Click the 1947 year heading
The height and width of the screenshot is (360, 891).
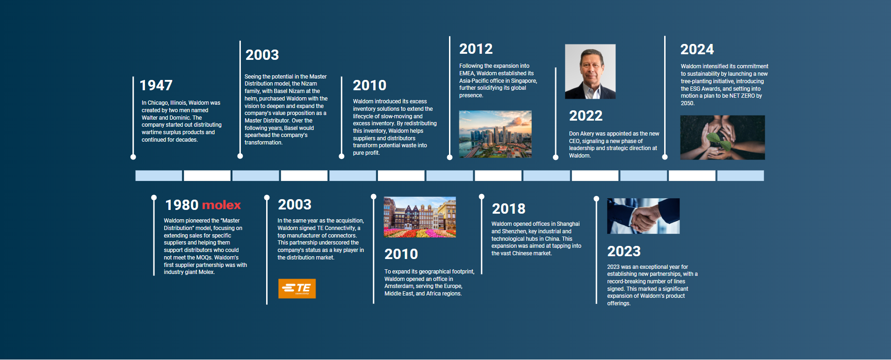156,85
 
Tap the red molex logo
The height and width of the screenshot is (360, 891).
222,205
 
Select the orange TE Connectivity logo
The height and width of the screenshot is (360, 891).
297,288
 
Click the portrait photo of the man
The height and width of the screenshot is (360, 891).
590,72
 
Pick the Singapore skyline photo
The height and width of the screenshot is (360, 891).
495,134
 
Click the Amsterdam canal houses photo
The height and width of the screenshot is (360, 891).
420,217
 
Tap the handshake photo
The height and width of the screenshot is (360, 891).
644,216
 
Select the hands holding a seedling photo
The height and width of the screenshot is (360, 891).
723,137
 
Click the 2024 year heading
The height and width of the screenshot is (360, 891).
697,49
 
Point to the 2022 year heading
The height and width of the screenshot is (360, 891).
586,115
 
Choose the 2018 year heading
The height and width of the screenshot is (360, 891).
508,209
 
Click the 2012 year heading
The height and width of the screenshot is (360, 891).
476,49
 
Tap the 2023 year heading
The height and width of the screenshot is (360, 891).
624,251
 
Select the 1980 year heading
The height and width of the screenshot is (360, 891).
182,205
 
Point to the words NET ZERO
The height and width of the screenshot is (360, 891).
742,96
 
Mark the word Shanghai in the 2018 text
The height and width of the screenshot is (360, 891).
568,224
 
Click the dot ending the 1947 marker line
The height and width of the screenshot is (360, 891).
133,157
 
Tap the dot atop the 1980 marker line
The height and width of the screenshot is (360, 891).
154,197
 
